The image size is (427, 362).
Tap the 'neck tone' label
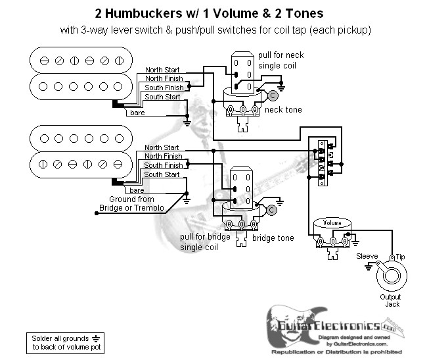(x=283, y=109)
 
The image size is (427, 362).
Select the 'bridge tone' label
(x=272, y=238)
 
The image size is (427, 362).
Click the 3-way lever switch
(x=322, y=162)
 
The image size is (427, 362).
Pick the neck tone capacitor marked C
(x=272, y=95)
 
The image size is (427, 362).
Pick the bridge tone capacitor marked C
(x=271, y=210)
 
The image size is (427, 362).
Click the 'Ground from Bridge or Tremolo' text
(x=131, y=204)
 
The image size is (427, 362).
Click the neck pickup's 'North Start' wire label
(x=162, y=69)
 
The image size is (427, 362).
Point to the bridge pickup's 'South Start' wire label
(x=162, y=175)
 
